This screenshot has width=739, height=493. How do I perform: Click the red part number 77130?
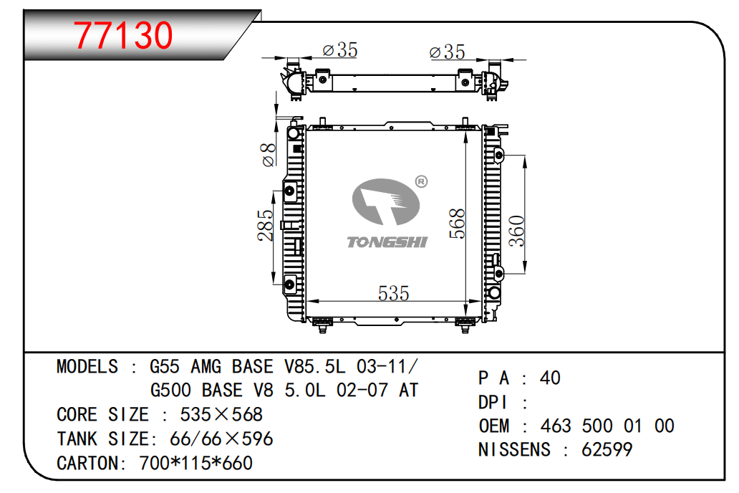point(123,35)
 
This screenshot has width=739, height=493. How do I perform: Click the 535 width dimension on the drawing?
point(394,294)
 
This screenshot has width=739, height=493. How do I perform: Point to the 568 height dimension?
point(457,223)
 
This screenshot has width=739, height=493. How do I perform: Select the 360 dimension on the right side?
point(517,231)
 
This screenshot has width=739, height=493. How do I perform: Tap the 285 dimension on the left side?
point(266,226)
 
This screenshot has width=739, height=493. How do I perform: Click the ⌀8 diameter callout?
point(268,155)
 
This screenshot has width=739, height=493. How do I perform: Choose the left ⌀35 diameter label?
point(340,49)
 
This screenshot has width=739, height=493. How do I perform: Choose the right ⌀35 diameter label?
point(448,52)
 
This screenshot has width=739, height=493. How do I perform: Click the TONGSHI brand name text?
point(387,242)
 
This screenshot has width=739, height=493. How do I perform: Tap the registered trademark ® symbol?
point(421,181)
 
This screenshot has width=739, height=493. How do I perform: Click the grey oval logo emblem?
point(385,202)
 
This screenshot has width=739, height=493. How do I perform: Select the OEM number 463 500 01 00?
point(607,426)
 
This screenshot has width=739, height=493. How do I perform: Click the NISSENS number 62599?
point(607,449)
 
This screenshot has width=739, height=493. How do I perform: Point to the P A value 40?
point(550,378)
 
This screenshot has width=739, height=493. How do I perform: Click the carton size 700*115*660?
point(196,464)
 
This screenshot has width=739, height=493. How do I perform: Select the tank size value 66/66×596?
point(221,439)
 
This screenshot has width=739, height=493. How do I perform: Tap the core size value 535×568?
point(221,415)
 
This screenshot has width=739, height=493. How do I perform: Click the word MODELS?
point(87,367)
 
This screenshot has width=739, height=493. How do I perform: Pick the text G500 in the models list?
point(170,390)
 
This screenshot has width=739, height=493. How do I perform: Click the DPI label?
point(493,403)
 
